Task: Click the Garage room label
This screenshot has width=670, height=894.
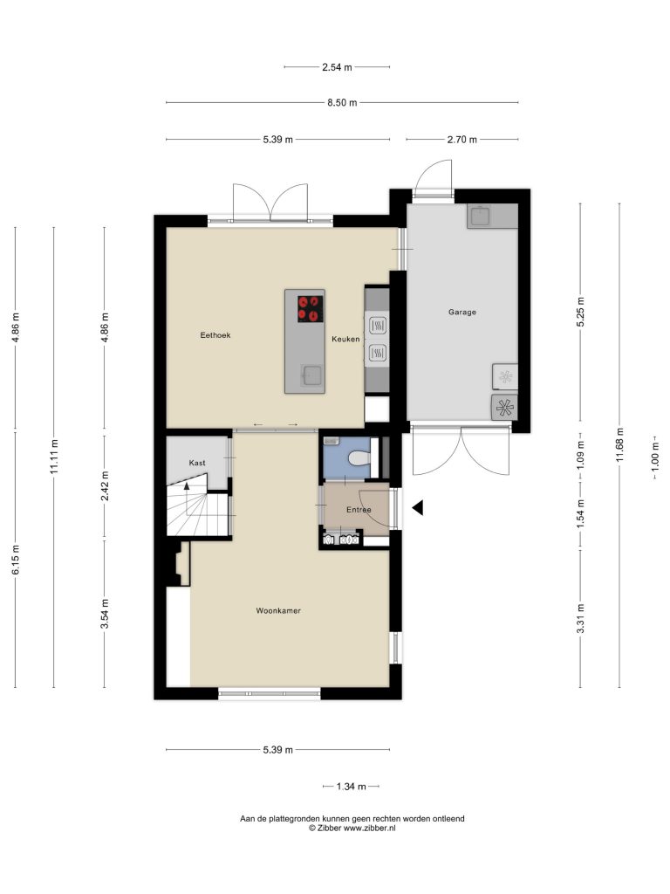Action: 462,312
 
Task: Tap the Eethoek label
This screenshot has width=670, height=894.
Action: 215,335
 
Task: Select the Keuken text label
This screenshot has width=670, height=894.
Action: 345,339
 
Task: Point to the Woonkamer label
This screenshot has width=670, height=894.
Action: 278,610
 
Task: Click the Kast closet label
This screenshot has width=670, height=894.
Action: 197,463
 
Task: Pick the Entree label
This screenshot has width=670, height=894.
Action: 359,510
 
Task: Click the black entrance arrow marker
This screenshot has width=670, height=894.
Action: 418,507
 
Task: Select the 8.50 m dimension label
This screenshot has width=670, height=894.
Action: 342,103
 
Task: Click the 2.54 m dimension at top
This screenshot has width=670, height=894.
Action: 338,66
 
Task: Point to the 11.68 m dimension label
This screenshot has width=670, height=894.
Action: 620,444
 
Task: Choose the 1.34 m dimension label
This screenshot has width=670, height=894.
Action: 351,787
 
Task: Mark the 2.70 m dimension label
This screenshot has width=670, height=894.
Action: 462,139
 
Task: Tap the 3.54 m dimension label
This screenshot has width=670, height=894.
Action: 105,614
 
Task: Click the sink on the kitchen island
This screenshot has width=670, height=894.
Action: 311,375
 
